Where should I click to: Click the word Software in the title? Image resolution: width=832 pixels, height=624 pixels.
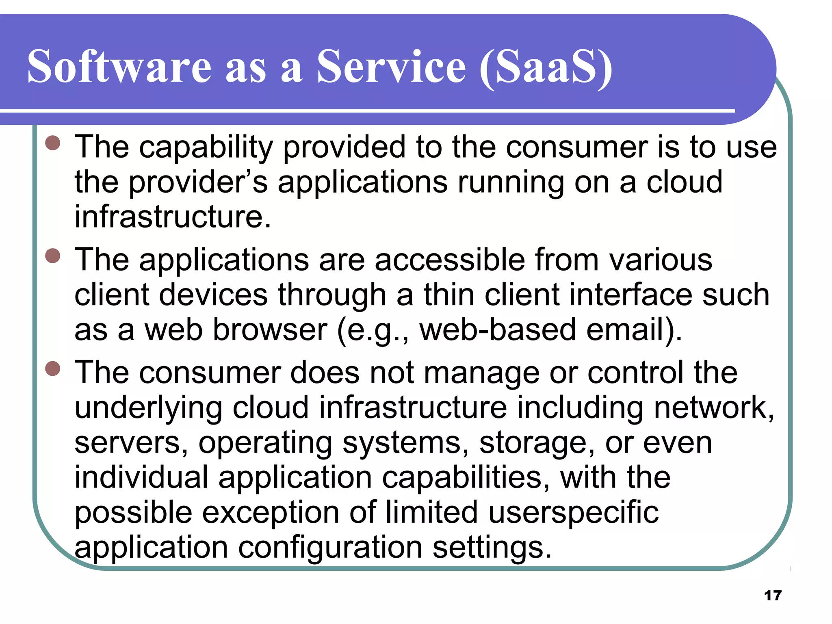click(x=119, y=66)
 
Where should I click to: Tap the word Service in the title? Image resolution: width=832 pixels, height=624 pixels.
click(x=391, y=66)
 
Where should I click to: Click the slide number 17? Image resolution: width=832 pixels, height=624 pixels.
click(x=773, y=596)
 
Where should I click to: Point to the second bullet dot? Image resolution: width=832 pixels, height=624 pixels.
click(x=53, y=256)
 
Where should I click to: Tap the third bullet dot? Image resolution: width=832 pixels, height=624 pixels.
click(x=53, y=368)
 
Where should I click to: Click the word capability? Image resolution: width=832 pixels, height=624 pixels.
click(x=206, y=147)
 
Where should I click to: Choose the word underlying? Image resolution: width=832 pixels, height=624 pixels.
click(x=148, y=408)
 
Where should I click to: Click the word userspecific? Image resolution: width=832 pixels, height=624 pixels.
click(x=573, y=513)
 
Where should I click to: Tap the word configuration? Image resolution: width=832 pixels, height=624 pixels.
click(x=330, y=548)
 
